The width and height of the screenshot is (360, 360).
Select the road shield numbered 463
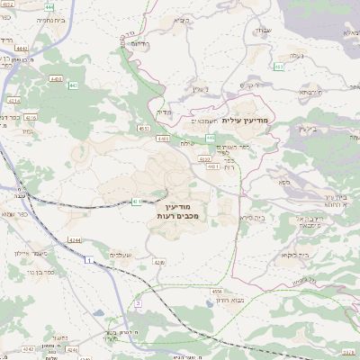[280, 66]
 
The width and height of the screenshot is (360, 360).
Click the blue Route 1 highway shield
[89, 259]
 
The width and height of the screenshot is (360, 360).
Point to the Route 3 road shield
[138, 303]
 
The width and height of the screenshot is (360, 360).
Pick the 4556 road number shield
[217, 292]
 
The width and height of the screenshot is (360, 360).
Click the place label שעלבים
[121, 255]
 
